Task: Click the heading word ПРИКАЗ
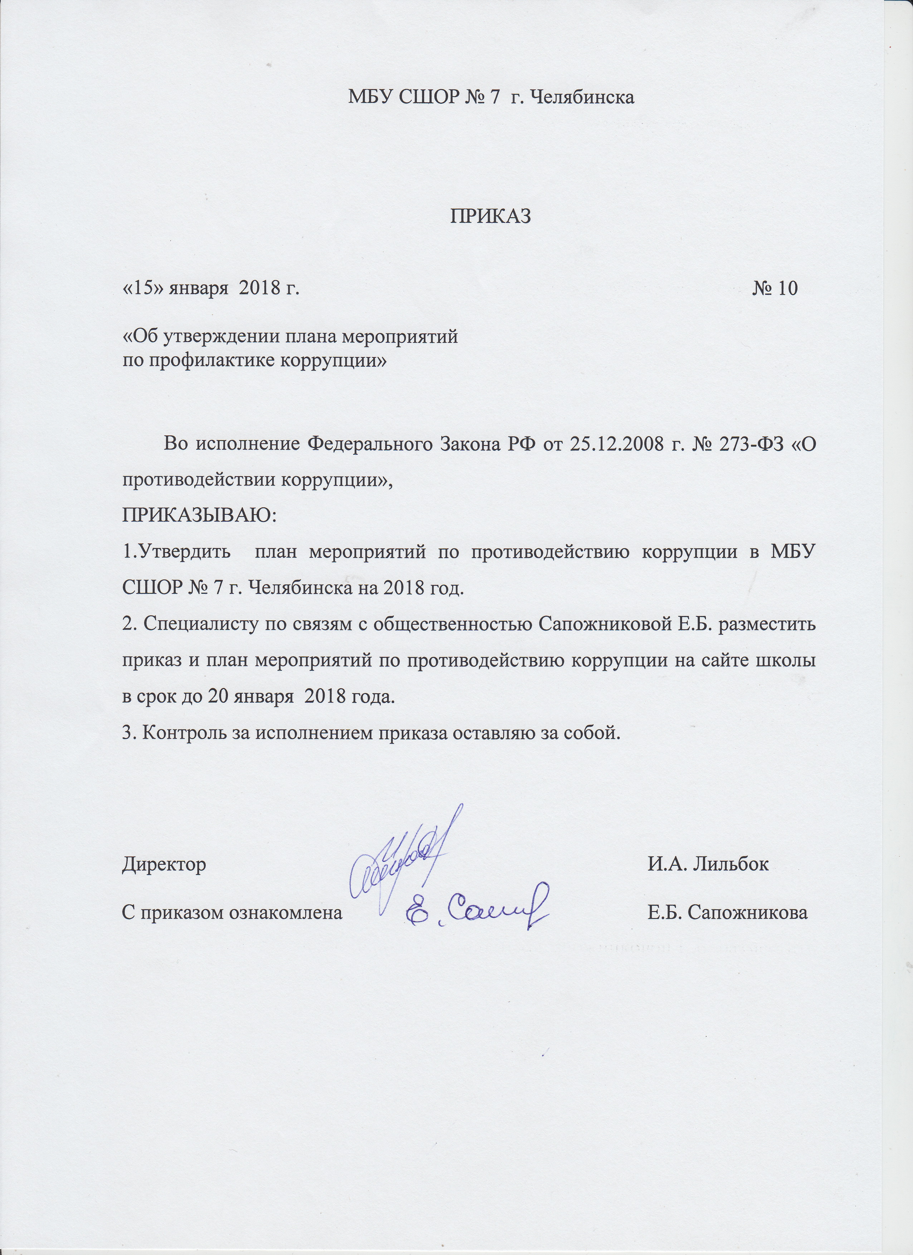point(491,216)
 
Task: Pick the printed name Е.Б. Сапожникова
point(727,913)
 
